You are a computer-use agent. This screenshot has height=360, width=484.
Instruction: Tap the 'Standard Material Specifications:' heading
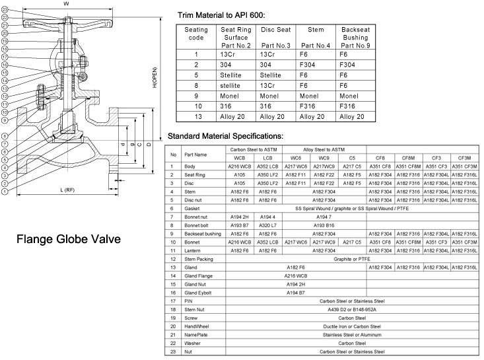225,136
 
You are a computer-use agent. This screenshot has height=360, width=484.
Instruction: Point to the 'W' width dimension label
66,4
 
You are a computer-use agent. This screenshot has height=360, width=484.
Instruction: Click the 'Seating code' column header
197,34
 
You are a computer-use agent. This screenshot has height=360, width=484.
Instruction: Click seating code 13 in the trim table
197,116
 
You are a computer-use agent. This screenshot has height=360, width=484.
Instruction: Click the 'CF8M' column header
408,159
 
